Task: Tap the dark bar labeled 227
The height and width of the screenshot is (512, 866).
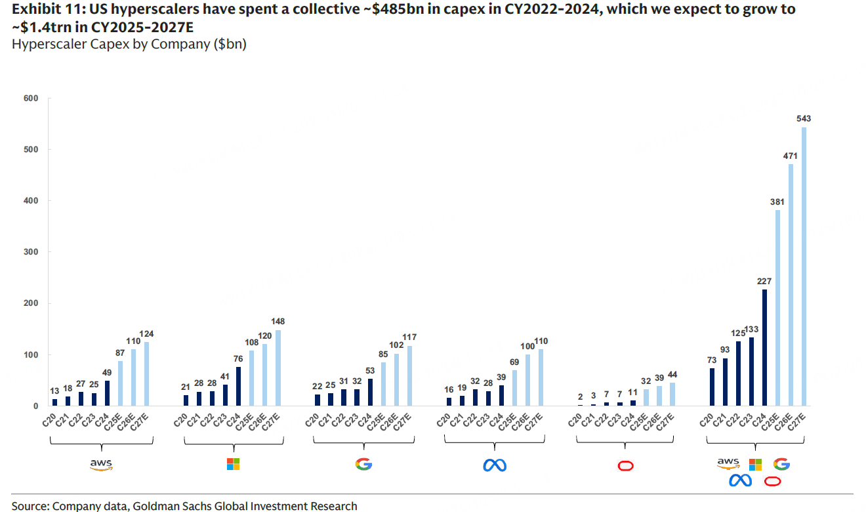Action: click(764, 347)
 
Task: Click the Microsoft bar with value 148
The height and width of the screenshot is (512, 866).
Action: click(278, 368)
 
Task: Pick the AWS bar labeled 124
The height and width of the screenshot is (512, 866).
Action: click(146, 373)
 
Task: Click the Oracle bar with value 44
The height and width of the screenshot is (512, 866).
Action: click(672, 394)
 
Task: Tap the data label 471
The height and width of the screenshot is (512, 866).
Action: click(790, 157)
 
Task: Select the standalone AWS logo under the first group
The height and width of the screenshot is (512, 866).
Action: click(101, 465)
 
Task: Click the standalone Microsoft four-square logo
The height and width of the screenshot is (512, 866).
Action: click(233, 464)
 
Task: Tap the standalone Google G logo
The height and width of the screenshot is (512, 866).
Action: click(363, 464)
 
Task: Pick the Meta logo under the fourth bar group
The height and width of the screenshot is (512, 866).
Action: click(495, 465)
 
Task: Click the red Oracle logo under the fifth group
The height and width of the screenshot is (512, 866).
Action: click(626, 465)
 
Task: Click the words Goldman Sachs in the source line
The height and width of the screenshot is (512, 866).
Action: click(163, 506)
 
